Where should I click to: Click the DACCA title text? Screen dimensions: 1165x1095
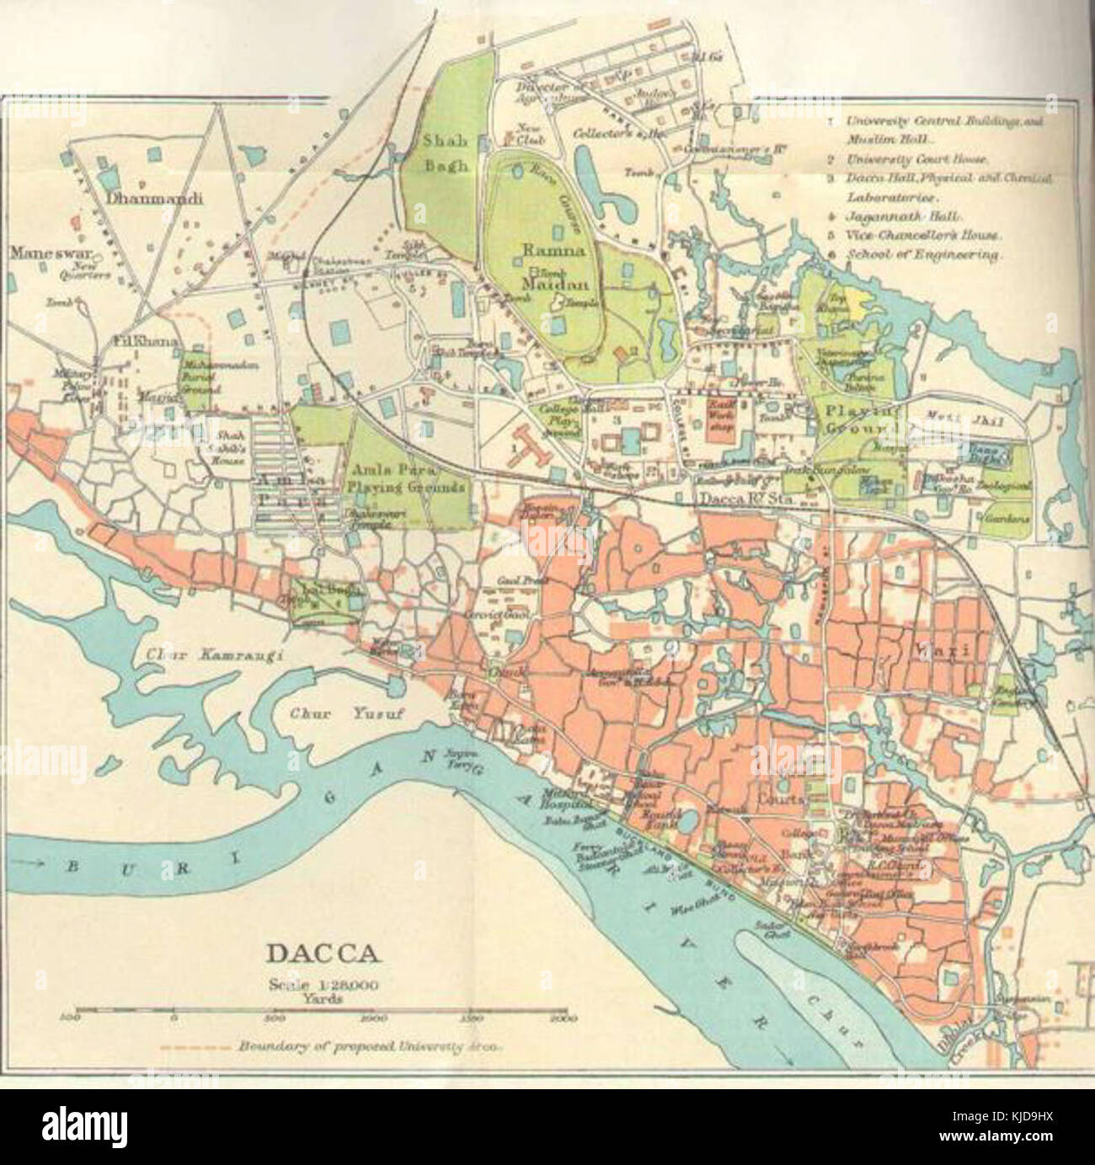(323, 954)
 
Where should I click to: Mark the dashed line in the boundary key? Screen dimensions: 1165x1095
(194, 1047)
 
